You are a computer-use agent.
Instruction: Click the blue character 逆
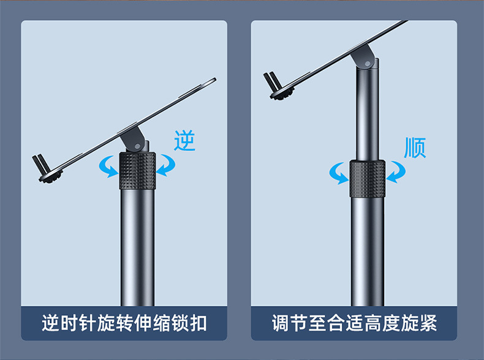[184, 140]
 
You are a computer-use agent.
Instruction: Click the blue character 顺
[415, 148]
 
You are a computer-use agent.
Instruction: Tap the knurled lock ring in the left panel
[137, 170]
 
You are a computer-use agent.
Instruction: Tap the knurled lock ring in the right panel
[368, 179]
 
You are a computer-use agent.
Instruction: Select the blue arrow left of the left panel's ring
[107, 166]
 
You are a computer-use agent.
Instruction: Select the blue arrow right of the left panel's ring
[167, 165]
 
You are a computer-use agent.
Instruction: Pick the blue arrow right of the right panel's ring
[397, 172]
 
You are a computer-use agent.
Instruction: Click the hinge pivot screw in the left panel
[138, 146]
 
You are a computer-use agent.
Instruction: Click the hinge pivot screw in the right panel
[368, 64]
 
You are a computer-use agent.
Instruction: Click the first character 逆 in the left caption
[50, 323]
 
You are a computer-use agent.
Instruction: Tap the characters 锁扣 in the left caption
[189, 323]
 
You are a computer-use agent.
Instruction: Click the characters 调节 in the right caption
[289, 323]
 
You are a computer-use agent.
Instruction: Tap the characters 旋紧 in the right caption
[419, 323]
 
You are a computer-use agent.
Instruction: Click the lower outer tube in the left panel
[137, 247]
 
